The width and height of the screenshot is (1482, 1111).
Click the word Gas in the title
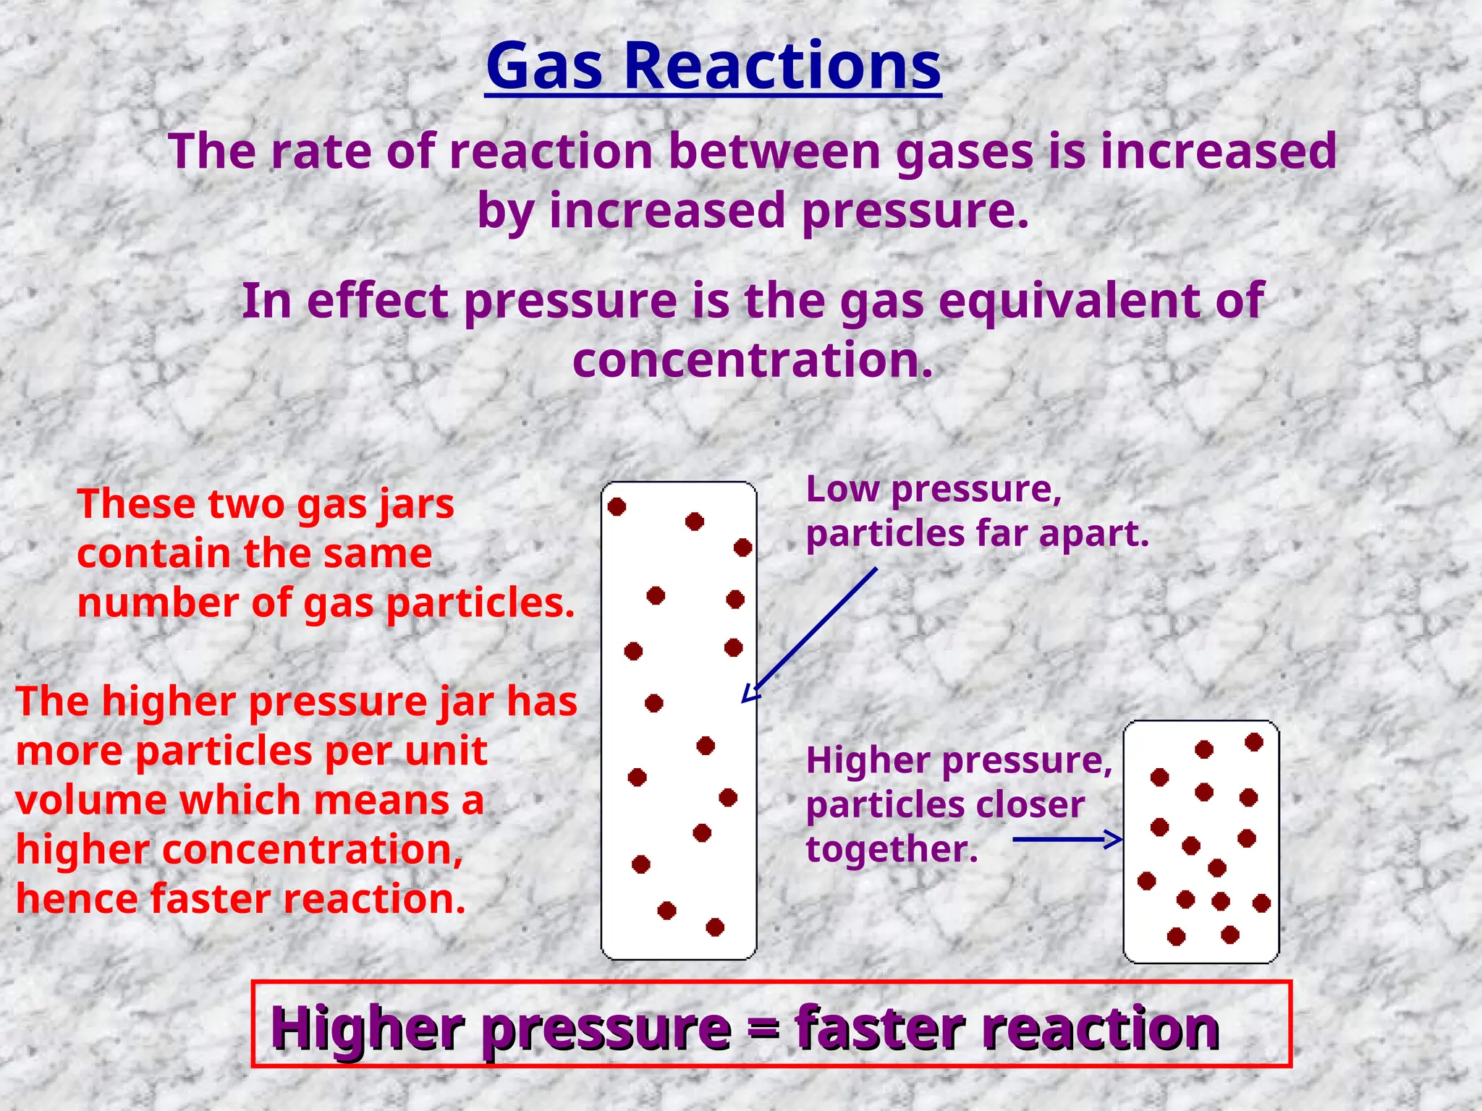point(544,67)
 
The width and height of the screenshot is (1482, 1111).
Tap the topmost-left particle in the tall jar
point(617,507)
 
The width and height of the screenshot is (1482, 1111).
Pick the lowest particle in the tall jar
point(715,927)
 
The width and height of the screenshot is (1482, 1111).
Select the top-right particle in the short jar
point(1254,742)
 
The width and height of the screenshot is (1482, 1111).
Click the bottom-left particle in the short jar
point(1177,937)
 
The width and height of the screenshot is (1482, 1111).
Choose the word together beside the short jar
point(892,848)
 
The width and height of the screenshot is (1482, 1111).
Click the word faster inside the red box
point(880,1027)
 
